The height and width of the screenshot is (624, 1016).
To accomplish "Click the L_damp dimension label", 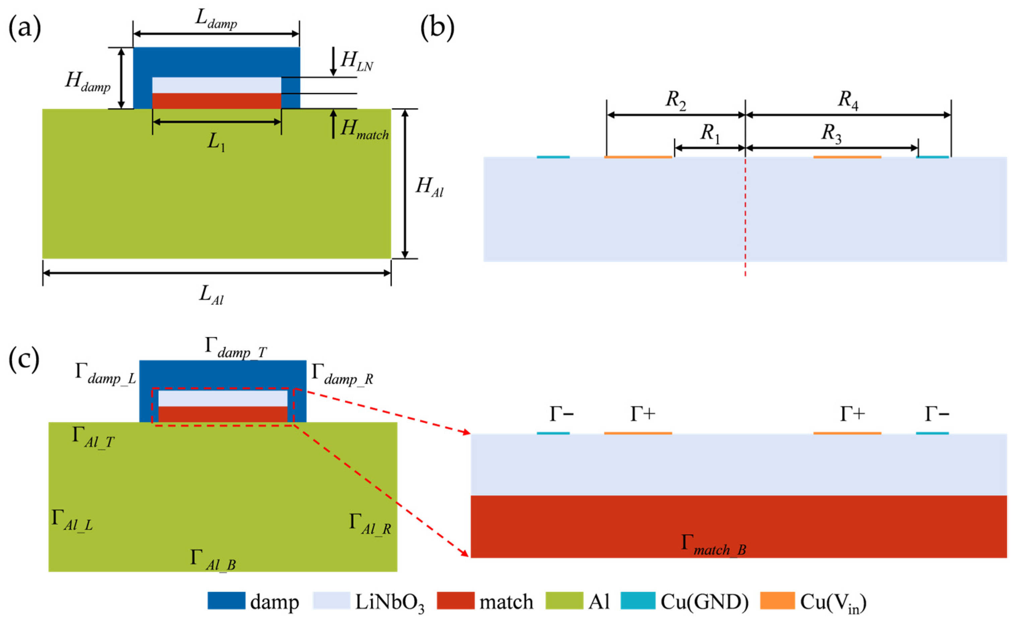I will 216,20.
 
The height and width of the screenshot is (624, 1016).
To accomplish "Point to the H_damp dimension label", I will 88,81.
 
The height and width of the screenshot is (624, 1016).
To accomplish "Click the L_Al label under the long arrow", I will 211,295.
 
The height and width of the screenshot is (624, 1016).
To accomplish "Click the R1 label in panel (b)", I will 710,134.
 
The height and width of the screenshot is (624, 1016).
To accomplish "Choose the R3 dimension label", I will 830,134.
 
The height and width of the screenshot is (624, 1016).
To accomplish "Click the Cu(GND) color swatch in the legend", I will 637,601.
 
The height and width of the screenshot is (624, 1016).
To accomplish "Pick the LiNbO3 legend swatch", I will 331,601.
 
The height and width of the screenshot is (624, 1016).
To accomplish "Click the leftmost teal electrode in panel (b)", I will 553,157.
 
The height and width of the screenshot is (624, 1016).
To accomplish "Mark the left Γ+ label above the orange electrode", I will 642,414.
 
